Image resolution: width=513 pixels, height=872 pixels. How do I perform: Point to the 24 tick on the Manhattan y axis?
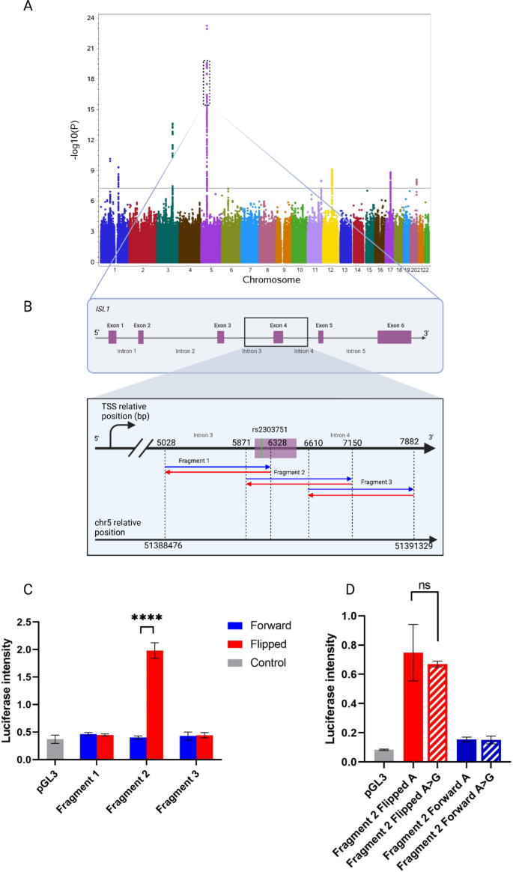(89, 18)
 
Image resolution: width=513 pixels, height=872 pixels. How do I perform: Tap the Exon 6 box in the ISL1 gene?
(394, 337)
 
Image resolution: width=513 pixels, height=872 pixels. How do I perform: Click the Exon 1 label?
(115, 325)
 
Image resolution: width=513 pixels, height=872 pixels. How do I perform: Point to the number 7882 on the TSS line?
(413, 443)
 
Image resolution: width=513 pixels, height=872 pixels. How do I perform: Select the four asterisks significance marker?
(147, 618)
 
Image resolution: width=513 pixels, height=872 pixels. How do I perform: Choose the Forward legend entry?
(255, 625)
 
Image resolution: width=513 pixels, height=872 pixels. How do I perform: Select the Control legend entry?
(255, 662)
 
